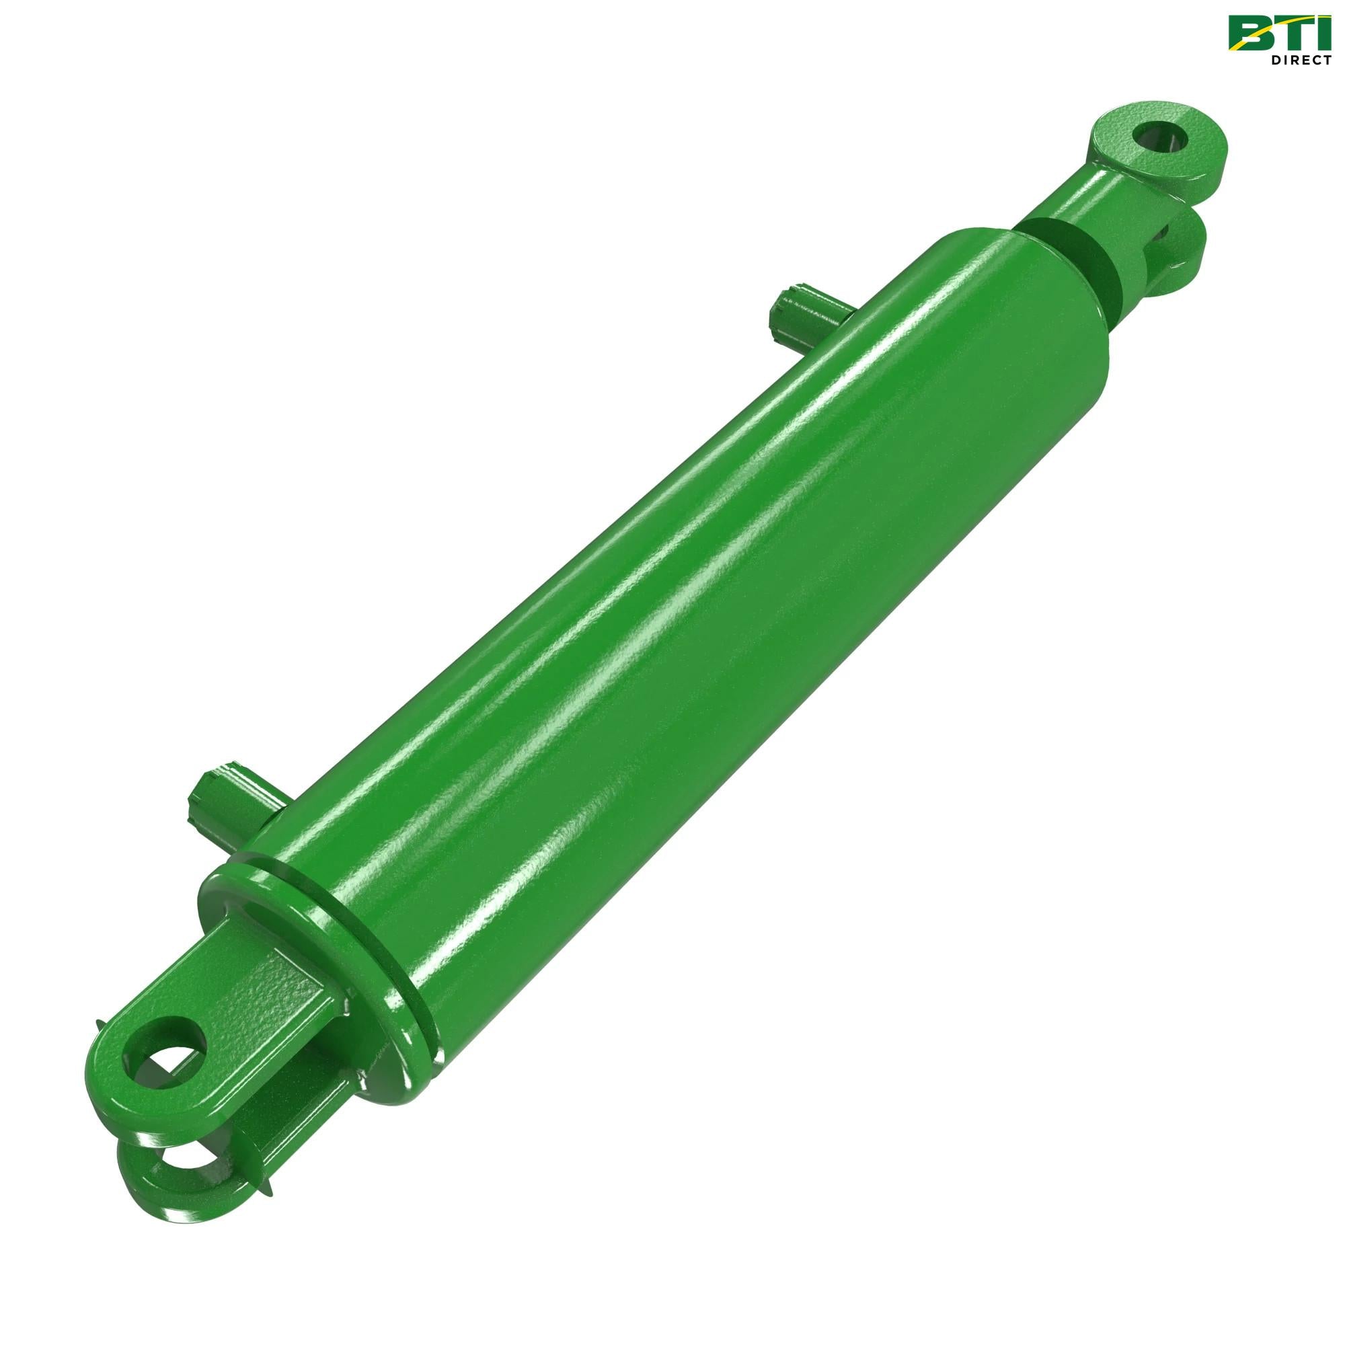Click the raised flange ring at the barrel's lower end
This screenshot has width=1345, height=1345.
[320, 926]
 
